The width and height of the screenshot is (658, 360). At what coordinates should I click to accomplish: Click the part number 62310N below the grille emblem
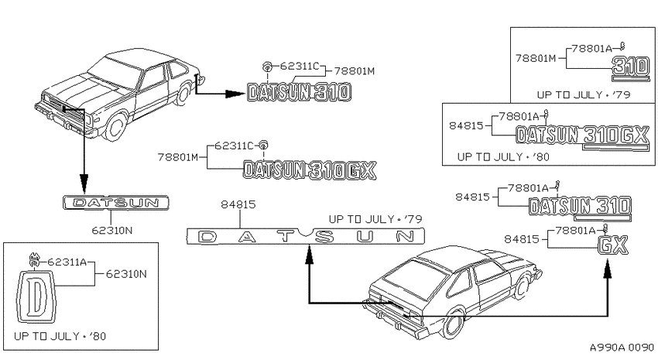tap(111, 231)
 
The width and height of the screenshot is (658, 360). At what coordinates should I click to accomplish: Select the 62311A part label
tap(67, 262)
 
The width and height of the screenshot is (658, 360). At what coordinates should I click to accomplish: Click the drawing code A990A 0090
tap(622, 348)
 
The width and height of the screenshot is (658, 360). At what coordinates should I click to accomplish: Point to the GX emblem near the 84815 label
tap(613, 245)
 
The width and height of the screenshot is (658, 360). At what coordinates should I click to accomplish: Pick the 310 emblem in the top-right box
tap(631, 67)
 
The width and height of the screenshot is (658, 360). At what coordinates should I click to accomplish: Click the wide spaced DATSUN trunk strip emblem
tap(306, 236)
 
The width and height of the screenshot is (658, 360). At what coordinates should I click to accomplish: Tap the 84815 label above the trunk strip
tap(238, 204)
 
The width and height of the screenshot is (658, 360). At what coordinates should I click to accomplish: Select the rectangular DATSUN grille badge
tap(116, 203)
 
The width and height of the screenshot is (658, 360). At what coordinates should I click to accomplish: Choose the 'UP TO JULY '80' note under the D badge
tap(60, 336)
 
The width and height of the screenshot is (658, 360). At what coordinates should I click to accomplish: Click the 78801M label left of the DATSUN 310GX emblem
tap(178, 157)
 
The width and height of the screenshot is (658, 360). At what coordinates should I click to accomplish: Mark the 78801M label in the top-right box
tap(536, 58)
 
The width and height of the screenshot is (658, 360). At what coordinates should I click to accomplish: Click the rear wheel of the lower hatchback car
tap(454, 324)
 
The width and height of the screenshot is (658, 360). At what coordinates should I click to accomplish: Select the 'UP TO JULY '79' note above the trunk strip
tap(375, 219)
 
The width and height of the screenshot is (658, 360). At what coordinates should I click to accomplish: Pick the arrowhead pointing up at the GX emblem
tap(607, 269)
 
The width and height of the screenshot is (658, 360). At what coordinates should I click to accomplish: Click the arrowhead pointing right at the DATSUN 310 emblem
tap(235, 94)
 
